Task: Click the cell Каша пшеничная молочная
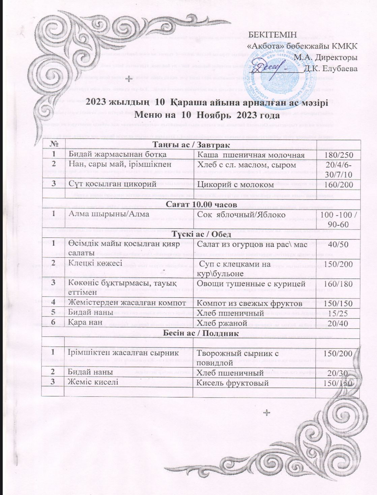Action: click(x=251, y=155)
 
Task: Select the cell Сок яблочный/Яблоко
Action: click(x=241, y=214)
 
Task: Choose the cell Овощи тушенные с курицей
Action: click(x=251, y=284)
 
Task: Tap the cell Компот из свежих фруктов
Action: click(x=249, y=303)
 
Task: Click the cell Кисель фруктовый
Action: click(x=233, y=383)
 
